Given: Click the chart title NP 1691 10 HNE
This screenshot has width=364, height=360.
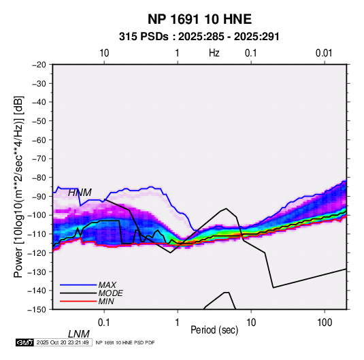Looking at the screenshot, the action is click(199, 19).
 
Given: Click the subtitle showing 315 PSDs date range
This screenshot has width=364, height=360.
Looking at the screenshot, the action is click(199, 37).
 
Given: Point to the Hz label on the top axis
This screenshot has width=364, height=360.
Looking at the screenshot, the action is click(214, 53).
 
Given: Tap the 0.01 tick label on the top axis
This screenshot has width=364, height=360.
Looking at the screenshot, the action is click(324, 53).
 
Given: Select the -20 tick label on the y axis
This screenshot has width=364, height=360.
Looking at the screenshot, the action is click(39, 65).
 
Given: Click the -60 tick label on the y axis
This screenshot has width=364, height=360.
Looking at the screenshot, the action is click(39, 140).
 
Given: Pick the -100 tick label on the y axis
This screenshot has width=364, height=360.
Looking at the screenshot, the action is click(37, 215).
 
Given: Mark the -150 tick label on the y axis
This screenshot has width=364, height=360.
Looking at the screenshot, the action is click(37, 310).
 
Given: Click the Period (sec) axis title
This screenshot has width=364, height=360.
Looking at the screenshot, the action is click(214, 330).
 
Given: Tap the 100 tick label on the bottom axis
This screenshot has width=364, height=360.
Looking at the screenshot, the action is click(325, 323).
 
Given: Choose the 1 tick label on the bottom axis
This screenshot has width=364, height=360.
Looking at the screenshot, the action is click(178, 323).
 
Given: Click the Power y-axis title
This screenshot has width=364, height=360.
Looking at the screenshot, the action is click(18, 187).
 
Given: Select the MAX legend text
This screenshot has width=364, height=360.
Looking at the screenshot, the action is click(107, 285).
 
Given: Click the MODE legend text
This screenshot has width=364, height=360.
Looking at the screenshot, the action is click(110, 293).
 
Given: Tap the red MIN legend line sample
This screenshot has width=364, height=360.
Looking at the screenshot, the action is click(78, 301).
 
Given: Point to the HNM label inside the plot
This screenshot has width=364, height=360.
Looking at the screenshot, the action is click(80, 193).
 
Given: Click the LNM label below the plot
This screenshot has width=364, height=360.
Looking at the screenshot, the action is click(79, 334).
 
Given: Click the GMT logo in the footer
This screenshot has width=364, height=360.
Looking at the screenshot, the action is click(25, 342).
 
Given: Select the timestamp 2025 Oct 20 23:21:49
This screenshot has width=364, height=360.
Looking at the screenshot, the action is click(63, 342).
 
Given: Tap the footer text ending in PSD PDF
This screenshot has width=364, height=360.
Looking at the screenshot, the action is click(125, 342).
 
